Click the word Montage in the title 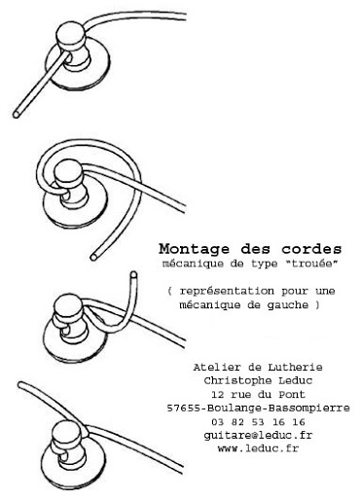coord(194,249)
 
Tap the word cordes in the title coord(311,249)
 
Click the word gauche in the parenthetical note coord(288,305)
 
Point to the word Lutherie coord(295,367)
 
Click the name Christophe coord(233,380)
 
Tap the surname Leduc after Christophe coord(291,380)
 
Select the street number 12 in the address coord(217,395)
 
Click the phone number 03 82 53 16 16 coord(259,422)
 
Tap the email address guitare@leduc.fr coord(258,436)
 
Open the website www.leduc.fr coord(258,448)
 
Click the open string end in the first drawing coord(16,114)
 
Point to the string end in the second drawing coord(93,257)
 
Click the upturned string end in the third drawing coord(133,275)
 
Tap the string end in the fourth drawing coord(21,385)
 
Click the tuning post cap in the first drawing coord(70,35)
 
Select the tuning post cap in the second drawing coord(68,174)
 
